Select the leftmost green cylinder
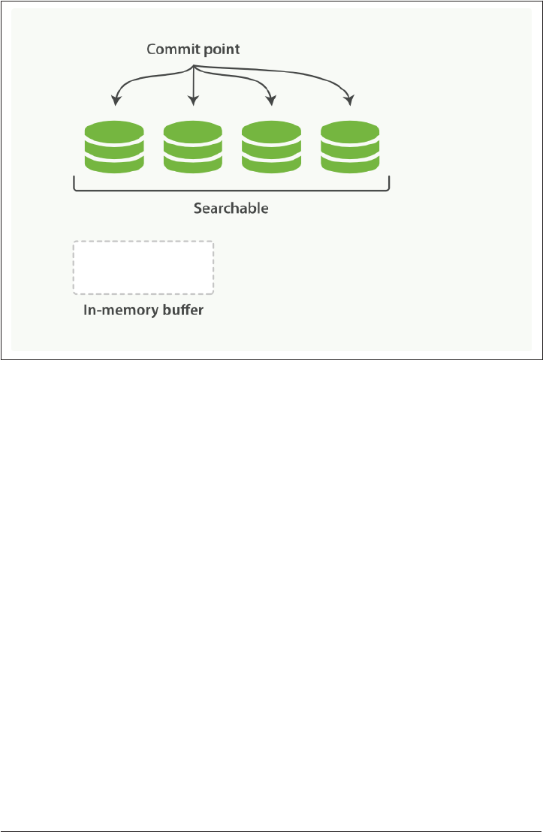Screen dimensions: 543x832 tap(114, 148)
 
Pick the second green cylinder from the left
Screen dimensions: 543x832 tap(193, 148)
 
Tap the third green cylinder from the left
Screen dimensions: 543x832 tap(271, 148)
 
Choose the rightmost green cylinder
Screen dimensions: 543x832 tap(350, 148)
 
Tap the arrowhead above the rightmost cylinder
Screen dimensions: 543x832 tap(349, 101)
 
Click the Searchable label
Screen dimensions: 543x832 tap(231, 209)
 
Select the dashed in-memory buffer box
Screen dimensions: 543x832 tap(143, 268)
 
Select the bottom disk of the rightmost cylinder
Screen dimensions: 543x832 tap(350, 163)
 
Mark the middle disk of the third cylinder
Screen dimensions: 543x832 tap(271, 148)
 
